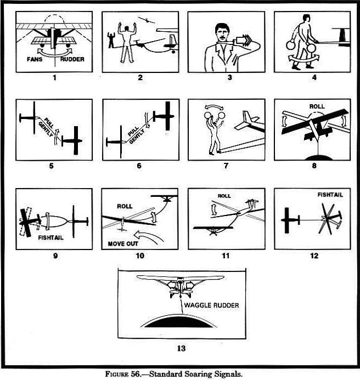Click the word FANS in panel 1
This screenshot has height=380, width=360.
coord(35,59)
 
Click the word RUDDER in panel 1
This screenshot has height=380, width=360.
coord(73,59)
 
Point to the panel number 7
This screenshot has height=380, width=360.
coord(226,166)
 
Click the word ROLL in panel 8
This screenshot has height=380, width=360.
coord(317,106)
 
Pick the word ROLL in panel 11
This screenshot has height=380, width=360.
coord(224,196)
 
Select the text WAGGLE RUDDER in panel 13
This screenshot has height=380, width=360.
coord(211,305)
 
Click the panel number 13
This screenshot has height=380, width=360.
coord(182,347)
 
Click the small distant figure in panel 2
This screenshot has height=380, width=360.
coord(111,41)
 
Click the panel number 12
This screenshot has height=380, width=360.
coord(312,256)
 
